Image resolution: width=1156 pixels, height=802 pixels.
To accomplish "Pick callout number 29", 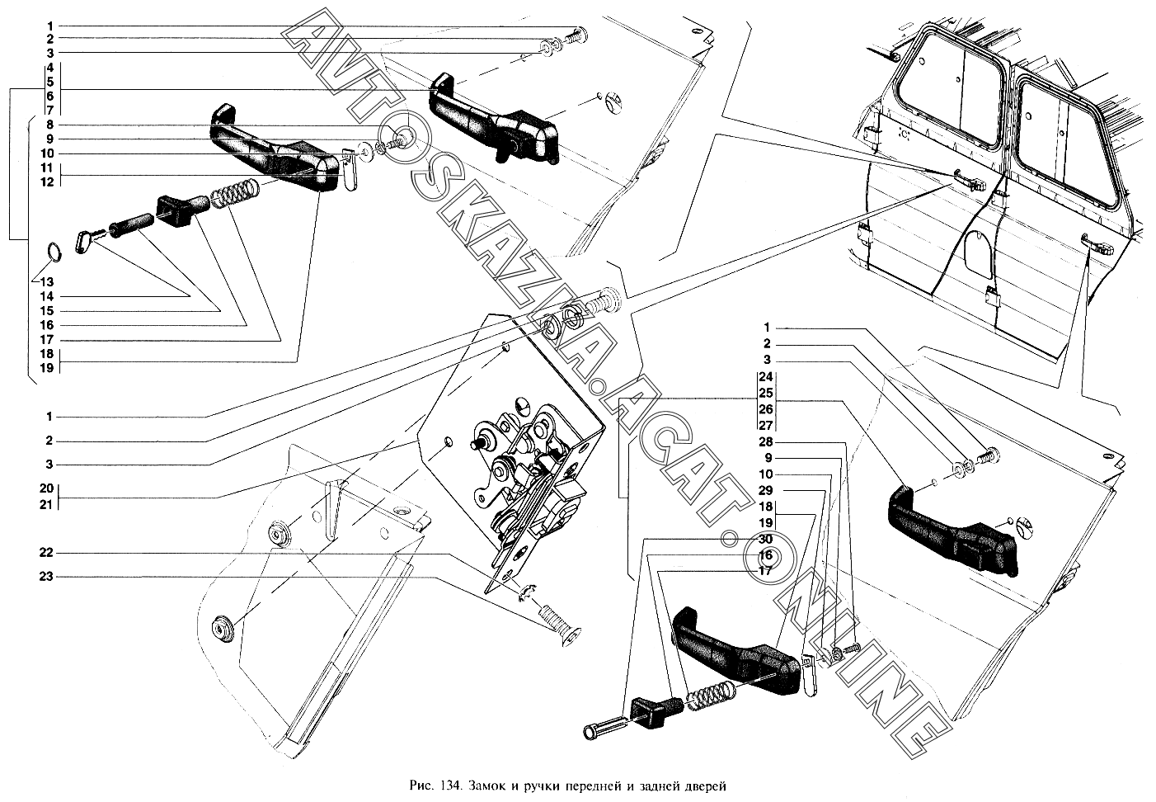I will click(767, 491).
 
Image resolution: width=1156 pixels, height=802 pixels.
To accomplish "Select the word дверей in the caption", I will click(707, 785).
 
